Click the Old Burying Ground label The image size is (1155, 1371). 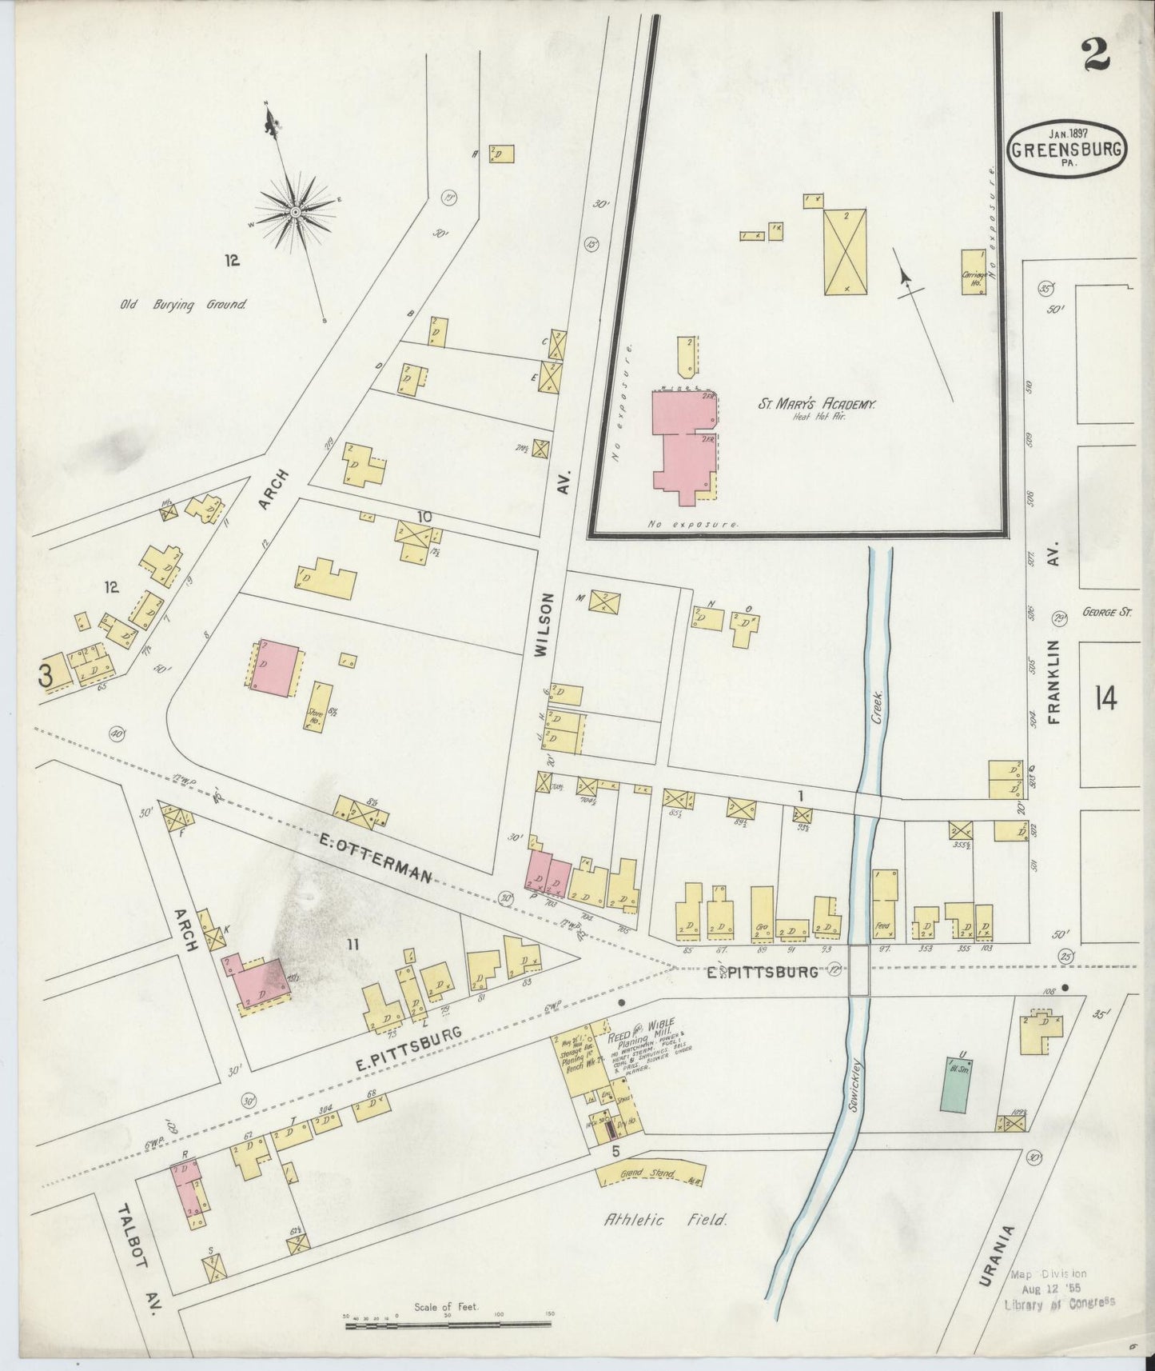[182, 305]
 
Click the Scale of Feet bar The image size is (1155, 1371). [448, 1325]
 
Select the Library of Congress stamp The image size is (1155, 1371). [1059, 1288]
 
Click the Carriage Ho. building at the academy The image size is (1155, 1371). [974, 274]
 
